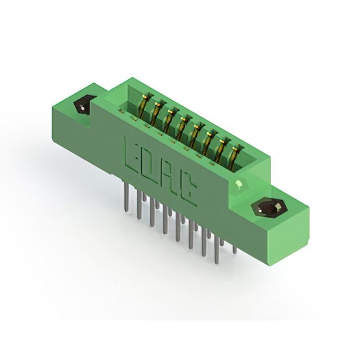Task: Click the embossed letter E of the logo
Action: click(130, 155)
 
